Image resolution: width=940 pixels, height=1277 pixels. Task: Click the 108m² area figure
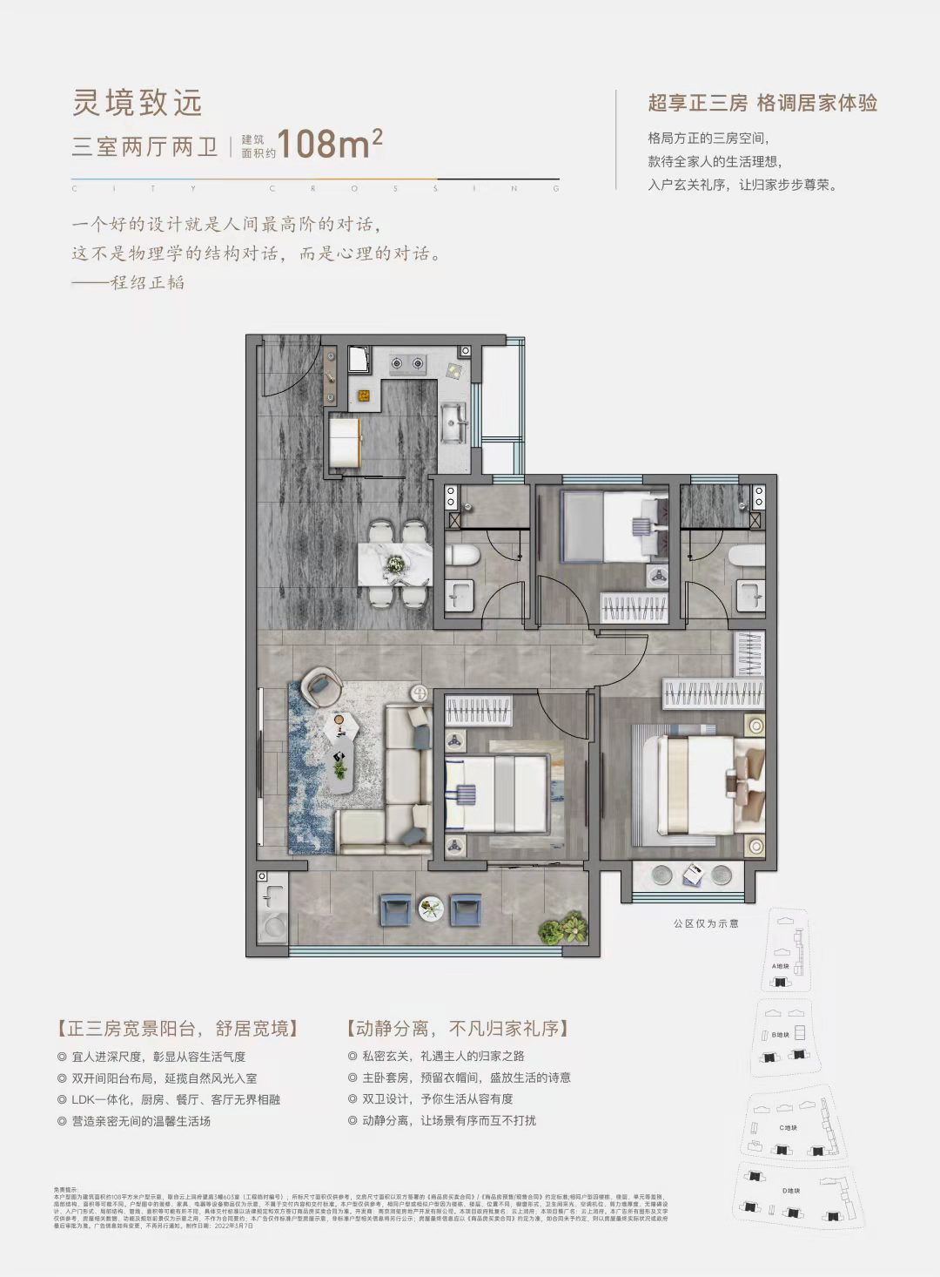[330, 144]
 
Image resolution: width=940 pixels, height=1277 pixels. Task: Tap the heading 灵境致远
[138, 103]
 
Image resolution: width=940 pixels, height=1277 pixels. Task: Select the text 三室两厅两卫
[144, 145]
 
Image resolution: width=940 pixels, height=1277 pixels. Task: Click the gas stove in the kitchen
[406, 362]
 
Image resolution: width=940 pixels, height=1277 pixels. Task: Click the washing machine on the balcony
[273, 925]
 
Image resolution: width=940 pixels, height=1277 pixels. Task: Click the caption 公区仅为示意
[706, 923]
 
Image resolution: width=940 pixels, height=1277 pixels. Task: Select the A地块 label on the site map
[781, 966]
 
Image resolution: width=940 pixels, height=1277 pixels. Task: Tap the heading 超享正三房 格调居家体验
[762, 103]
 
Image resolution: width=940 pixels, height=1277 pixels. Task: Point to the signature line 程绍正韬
[148, 282]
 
